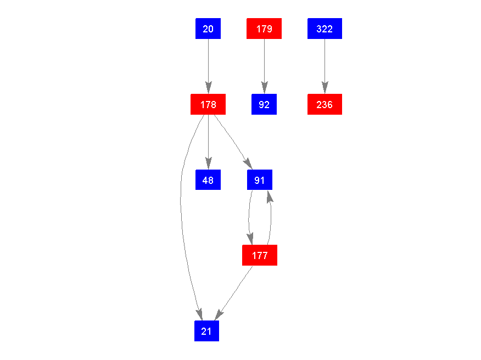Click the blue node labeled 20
point(208,29)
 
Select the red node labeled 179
point(264,29)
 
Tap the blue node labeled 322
point(325,29)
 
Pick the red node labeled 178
point(208,104)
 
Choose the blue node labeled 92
point(264,104)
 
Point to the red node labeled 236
point(325,104)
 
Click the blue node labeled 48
point(208,179)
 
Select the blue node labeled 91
point(260,179)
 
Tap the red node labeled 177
point(260,255)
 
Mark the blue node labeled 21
point(206,331)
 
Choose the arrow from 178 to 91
point(233,140)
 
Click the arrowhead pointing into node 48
point(208,164)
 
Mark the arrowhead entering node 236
point(325,88)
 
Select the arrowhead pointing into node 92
point(264,88)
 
